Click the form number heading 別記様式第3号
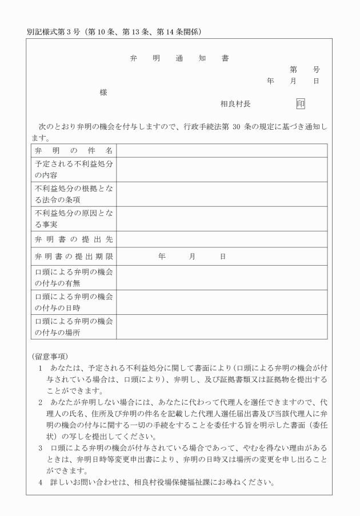(55, 31)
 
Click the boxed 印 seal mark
(301, 104)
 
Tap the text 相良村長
(235, 104)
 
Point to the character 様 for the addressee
(103, 92)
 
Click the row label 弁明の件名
(74, 151)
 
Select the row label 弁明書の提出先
(74, 239)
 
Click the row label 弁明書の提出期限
(74, 257)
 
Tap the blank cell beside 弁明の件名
(222, 151)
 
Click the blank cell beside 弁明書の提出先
(222, 239)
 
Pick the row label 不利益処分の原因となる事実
(74, 218)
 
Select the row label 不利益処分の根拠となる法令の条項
(74, 194)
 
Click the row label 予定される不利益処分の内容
(74, 169)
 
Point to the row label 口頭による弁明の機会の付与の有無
(74, 278)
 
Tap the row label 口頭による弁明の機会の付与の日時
(74, 302)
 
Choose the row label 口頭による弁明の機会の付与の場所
(74, 327)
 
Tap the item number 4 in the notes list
(41, 482)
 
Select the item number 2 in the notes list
(41, 402)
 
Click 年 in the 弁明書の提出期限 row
(162, 257)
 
